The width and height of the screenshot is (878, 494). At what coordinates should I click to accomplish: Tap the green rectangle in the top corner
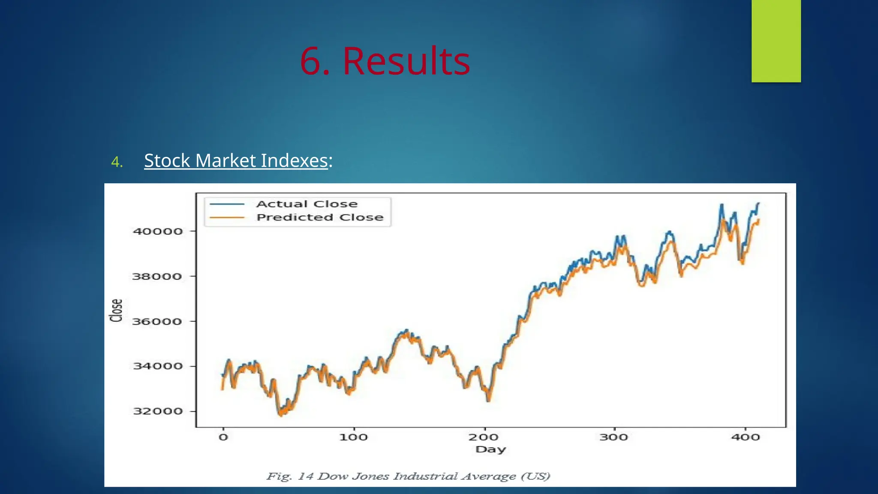coord(776,41)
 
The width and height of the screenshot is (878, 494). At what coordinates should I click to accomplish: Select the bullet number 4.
coord(117,162)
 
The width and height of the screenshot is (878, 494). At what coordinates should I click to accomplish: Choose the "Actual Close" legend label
coord(307,204)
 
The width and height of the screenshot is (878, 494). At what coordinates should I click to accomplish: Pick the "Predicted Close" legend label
coord(320,217)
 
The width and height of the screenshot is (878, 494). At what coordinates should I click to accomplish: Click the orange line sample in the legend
coord(227,218)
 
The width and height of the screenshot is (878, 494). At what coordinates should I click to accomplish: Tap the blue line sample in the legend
coord(227,204)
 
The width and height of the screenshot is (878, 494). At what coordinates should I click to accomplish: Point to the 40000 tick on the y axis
coord(158,232)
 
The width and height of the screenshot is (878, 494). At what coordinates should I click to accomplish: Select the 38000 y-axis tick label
coord(157,277)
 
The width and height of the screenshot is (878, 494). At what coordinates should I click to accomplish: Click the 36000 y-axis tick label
coord(157,322)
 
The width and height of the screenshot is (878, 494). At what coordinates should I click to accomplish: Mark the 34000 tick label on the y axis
coord(158,366)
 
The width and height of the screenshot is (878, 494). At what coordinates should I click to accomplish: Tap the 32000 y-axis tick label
coord(158,411)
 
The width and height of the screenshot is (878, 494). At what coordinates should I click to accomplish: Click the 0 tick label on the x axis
coord(223,437)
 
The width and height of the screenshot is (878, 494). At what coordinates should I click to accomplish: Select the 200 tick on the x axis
coord(484,437)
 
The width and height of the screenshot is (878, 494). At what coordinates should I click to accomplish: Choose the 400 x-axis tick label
coord(746,437)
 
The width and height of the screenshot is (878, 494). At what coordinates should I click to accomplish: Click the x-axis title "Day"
coord(490,449)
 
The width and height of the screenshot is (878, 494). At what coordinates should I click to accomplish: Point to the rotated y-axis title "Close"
coord(116,310)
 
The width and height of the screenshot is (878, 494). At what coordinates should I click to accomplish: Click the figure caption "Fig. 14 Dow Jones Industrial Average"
coord(408,476)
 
